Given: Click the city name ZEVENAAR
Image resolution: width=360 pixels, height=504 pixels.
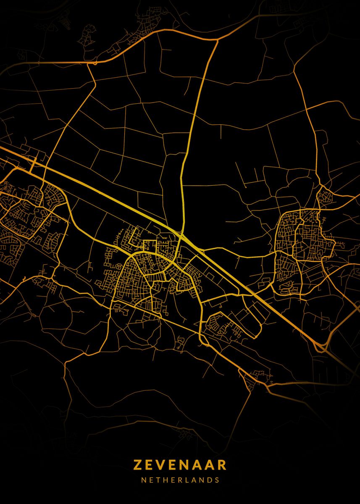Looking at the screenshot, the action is pyautogui.click(x=180, y=465).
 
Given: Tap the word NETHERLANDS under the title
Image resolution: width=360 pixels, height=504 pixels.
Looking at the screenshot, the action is pyautogui.click(x=180, y=480).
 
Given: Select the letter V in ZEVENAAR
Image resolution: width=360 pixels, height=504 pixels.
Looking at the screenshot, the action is pyautogui.click(x=161, y=465).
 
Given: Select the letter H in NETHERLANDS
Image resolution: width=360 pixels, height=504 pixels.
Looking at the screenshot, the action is pyautogui.click(x=166, y=480).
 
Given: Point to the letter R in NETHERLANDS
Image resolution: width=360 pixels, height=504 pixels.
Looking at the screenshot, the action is pyautogui.click(x=180, y=480).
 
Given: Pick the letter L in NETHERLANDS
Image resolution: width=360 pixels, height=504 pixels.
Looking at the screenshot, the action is pyautogui.click(x=187, y=480).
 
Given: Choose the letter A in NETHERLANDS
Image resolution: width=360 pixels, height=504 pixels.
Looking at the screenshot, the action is pyautogui.click(x=194, y=480).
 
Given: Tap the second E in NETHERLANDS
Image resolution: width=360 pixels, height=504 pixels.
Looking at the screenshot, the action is pyautogui.click(x=173, y=480).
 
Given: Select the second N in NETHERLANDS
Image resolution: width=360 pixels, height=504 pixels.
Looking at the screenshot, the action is pyautogui.click(x=202, y=480).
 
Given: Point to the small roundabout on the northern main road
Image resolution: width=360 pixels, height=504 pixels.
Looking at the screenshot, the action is pyautogui.click(x=95, y=63).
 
